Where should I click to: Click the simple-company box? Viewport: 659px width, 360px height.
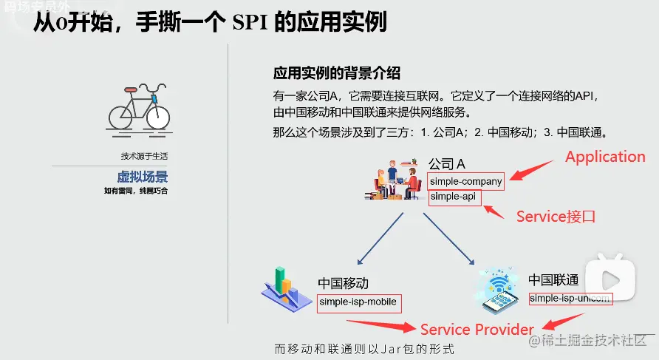pos(466,181)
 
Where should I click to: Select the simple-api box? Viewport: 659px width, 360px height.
pos(454,197)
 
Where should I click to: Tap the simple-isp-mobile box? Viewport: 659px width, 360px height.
pos(358,302)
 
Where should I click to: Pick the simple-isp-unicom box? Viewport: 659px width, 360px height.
pos(570,299)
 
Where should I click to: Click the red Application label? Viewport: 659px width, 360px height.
pos(605,157)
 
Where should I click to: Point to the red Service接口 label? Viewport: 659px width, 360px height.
pos(556,217)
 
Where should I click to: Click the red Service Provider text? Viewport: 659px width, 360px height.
pos(477,329)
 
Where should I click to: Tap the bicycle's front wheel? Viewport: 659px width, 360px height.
pos(157,116)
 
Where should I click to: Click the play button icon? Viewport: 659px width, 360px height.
pos(610,279)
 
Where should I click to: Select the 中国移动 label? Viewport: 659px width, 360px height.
pos(343,283)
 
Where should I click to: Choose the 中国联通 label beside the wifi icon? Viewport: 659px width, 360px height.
pos(553,280)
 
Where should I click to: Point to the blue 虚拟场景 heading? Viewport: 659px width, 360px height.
pos(142,177)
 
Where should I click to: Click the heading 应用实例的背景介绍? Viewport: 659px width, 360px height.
pos(336,74)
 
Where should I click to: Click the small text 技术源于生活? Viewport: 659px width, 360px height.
pos(144,156)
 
